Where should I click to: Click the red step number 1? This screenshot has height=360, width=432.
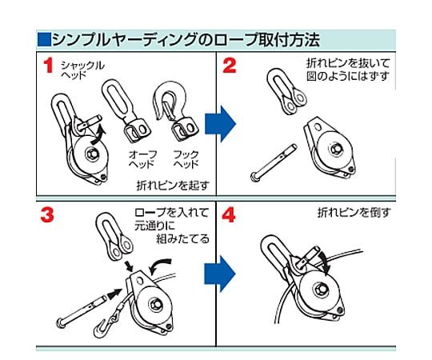(48, 66)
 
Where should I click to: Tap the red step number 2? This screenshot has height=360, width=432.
(230, 66)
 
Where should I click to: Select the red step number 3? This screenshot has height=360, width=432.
(47, 215)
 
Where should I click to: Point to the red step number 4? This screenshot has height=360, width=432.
(229, 215)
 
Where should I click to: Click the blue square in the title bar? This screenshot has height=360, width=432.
(44, 39)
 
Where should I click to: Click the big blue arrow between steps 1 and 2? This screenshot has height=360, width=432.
(220, 124)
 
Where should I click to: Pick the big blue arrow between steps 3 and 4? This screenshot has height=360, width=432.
(219, 274)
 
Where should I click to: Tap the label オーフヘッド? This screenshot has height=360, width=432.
(141, 159)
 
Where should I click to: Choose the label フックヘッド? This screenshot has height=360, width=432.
(185, 159)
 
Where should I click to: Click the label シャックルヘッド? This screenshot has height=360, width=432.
(82, 70)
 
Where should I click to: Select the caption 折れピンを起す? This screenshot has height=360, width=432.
(173, 186)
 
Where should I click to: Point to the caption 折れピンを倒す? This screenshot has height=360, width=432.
(354, 213)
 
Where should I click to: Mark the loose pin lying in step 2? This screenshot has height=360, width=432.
(274, 162)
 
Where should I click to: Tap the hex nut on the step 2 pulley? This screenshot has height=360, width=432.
(336, 149)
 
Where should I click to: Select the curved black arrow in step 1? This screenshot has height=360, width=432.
(98, 135)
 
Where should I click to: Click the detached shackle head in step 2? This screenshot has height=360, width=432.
(286, 91)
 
